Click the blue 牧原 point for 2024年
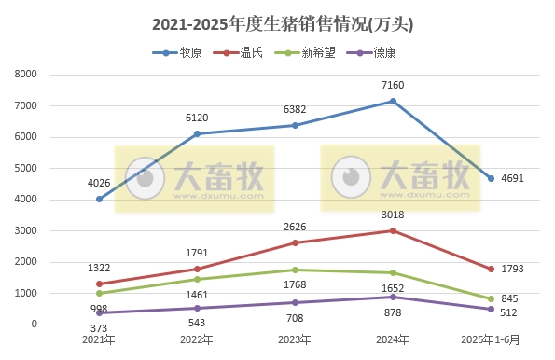394,101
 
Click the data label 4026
99,183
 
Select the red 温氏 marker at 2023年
296,242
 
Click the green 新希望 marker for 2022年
197,279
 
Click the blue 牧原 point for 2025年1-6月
492,178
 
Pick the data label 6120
197,118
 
